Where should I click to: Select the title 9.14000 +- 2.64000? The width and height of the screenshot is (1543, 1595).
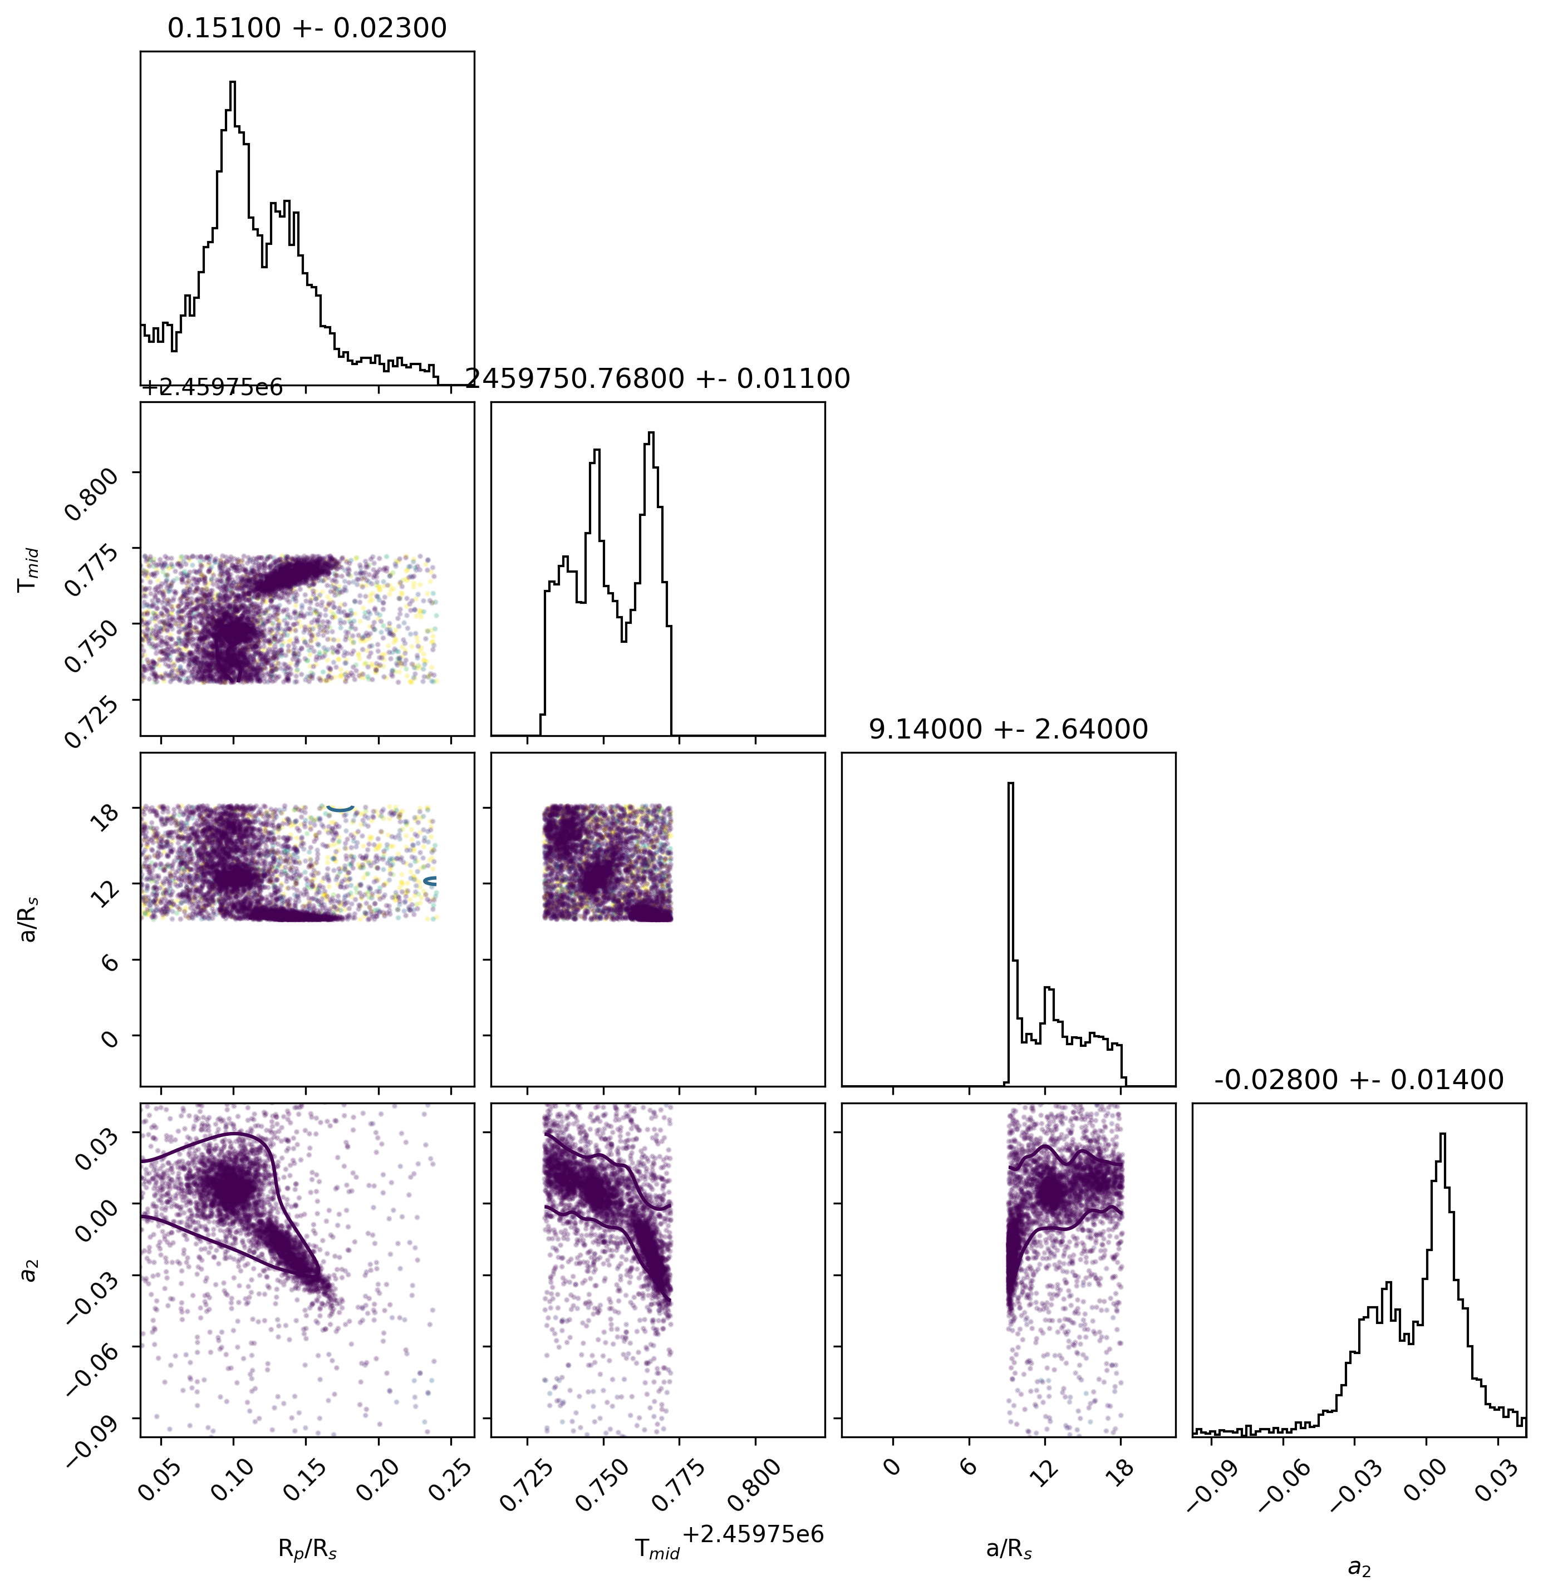tap(1008, 729)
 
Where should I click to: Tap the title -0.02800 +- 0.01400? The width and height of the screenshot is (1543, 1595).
tap(1358, 1080)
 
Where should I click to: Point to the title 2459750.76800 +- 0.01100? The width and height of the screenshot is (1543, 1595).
tap(657, 378)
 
